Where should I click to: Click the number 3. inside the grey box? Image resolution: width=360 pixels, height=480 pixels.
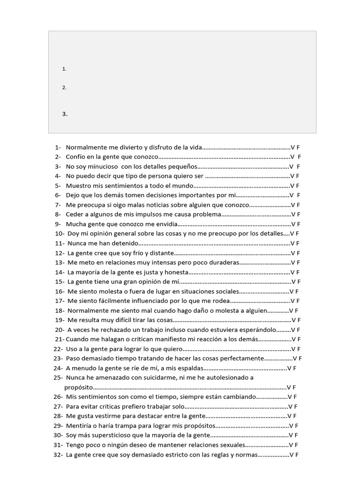(65, 114)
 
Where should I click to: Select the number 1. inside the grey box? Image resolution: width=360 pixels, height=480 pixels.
(64, 69)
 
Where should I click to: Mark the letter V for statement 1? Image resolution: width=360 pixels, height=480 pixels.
(292, 147)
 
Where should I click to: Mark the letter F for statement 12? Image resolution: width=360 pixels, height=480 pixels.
(298, 253)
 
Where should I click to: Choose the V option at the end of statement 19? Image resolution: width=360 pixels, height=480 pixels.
(293, 320)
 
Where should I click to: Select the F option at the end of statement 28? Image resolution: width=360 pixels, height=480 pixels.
(295, 416)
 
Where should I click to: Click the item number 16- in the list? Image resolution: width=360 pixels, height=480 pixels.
(60, 291)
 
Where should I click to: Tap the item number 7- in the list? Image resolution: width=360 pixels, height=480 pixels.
(58, 205)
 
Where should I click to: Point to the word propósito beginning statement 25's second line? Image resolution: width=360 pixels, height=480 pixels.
(79, 388)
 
